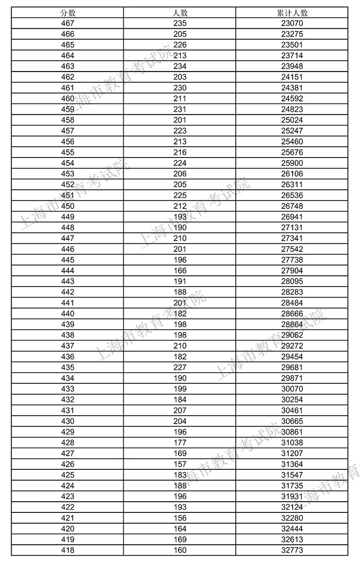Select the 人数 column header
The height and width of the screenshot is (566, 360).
tap(180, 13)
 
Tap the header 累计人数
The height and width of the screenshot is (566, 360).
tap(292, 13)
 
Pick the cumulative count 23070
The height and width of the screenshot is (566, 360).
tap(292, 23)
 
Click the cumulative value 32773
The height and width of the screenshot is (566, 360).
tap(292, 550)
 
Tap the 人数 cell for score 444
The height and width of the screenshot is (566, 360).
tap(180, 270)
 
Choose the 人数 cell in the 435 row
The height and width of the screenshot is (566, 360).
tap(180, 367)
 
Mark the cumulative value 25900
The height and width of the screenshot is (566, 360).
tap(292, 163)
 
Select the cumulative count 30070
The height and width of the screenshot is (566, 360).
tap(292, 389)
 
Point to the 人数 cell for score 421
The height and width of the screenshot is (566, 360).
tap(180, 518)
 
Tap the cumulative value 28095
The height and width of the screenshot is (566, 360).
tap(292, 281)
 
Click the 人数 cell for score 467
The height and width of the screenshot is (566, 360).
tap(180, 23)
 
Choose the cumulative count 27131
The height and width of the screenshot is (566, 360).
tap(292, 228)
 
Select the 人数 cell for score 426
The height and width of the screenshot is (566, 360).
tap(180, 464)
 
